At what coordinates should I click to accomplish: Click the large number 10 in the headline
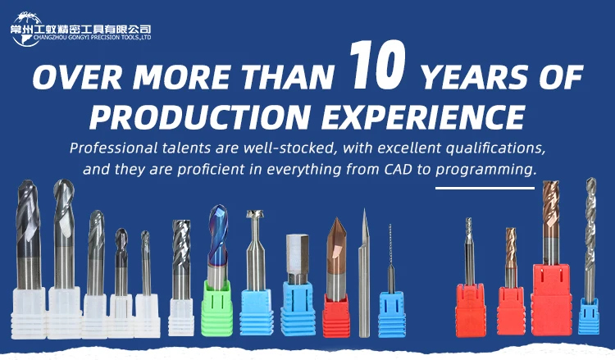377,64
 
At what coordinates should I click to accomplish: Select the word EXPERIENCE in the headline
424,116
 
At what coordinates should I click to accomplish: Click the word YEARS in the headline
475,77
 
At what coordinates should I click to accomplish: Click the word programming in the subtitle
485,171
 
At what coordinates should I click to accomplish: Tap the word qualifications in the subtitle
496,148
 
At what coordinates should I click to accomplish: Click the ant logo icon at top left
26,29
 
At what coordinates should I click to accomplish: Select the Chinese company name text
80,30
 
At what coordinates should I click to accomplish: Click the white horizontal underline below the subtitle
485,189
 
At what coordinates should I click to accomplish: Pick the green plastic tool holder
217,308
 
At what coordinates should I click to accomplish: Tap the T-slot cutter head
255,214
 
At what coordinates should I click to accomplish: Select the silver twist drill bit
590,240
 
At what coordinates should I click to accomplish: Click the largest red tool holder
552,299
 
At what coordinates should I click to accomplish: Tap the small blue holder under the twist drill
589,316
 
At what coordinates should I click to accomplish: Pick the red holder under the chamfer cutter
336,316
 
